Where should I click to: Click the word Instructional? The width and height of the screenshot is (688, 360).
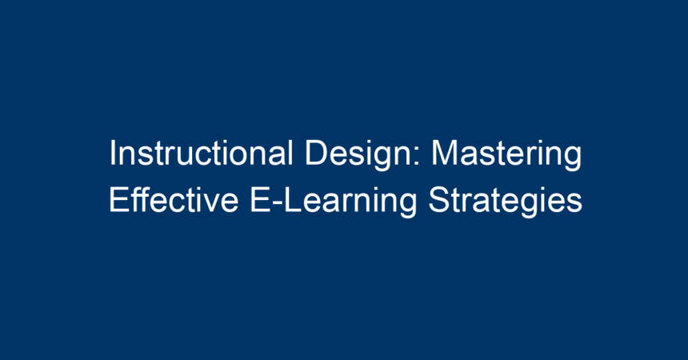(x=201, y=154)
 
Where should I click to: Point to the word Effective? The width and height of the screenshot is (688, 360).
(x=174, y=200)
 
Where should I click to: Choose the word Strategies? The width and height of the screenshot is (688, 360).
(x=505, y=202)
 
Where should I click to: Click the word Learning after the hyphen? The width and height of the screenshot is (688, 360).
(x=350, y=202)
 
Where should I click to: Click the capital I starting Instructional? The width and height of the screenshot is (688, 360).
(x=113, y=154)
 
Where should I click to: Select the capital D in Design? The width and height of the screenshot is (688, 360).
(x=317, y=154)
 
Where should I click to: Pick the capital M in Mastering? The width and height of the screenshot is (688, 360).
(x=444, y=154)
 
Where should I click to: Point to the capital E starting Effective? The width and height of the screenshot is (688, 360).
(x=119, y=200)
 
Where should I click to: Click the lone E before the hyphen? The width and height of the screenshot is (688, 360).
(x=260, y=200)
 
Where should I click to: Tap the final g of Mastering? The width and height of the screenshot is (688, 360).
(x=574, y=159)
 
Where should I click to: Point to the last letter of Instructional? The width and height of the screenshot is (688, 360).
(x=290, y=154)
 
